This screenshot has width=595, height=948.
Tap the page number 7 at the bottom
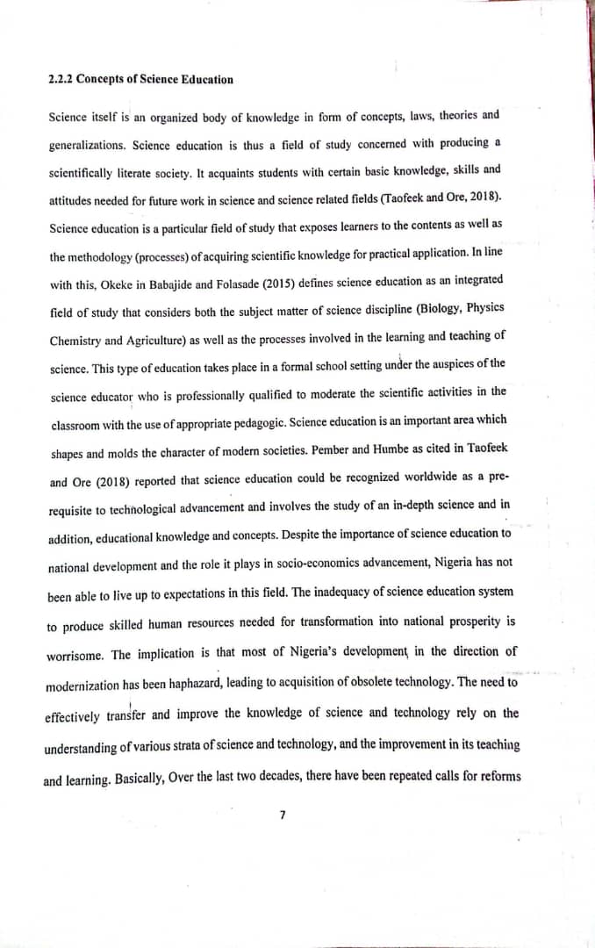point(282,815)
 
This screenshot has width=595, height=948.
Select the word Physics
point(484,307)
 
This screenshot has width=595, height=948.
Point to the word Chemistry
point(76,340)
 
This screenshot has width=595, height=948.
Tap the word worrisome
point(75,656)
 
